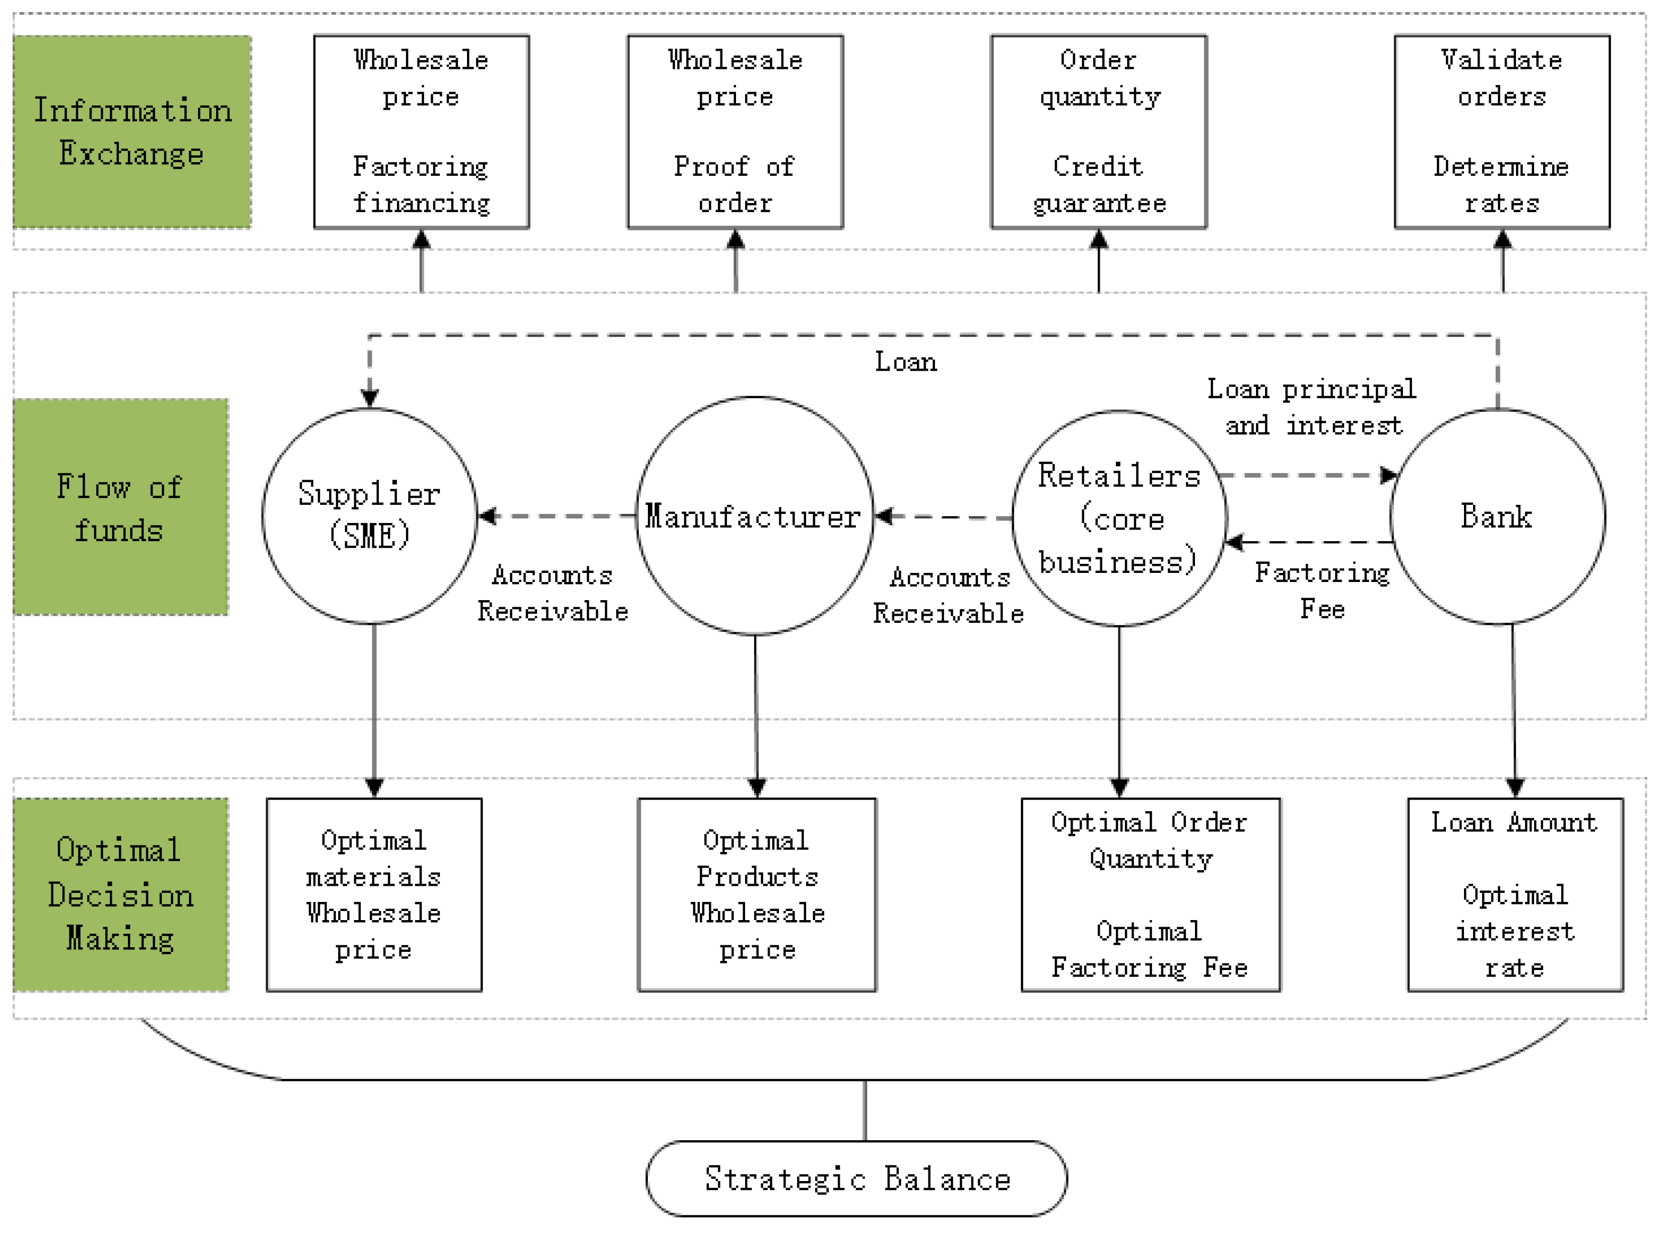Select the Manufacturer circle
[x=754, y=515]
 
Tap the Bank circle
[x=1497, y=515]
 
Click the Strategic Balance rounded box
[x=856, y=1178]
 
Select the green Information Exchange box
[x=131, y=132]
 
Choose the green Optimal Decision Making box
[x=120, y=894]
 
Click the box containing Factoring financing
[x=421, y=132]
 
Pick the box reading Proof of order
[x=735, y=132]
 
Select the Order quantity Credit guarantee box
[x=1098, y=132]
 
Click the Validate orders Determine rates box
[x=1501, y=132]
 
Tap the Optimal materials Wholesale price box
[x=373, y=894]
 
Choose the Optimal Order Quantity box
[x=1150, y=894]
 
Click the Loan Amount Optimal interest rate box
[x=1515, y=894]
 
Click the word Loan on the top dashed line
[x=905, y=362]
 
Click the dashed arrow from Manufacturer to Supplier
[x=556, y=515]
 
